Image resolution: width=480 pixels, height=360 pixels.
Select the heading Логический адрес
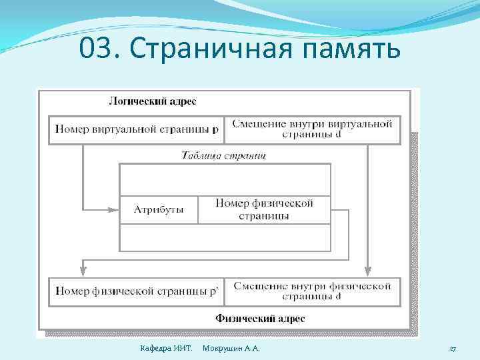[x=152, y=101]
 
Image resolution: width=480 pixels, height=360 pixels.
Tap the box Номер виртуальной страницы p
[x=137, y=129]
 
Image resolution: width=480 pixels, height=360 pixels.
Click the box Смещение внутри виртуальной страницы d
[x=312, y=129]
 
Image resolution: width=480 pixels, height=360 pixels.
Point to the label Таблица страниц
[x=225, y=155]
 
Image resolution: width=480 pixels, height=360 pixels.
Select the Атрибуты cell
[x=159, y=209]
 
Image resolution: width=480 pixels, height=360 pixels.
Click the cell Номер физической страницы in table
[x=264, y=209]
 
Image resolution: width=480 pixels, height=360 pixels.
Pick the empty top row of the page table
[x=225, y=179]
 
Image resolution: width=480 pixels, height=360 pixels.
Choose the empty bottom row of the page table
[x=225, y=237]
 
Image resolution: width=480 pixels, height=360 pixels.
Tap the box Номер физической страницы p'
[x=137, y=291]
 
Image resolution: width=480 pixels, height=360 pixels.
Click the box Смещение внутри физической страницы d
[x=312, y=291]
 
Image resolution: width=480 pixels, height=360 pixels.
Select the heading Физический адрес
[x=260, y=319]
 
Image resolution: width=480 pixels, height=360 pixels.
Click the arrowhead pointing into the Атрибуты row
[x=113, y=209]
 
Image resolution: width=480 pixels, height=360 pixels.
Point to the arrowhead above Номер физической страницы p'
[x=83, y=270]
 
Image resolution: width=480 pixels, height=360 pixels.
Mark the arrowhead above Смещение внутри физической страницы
[x=367, y=270]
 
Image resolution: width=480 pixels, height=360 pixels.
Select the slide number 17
[x=452, y=349]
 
